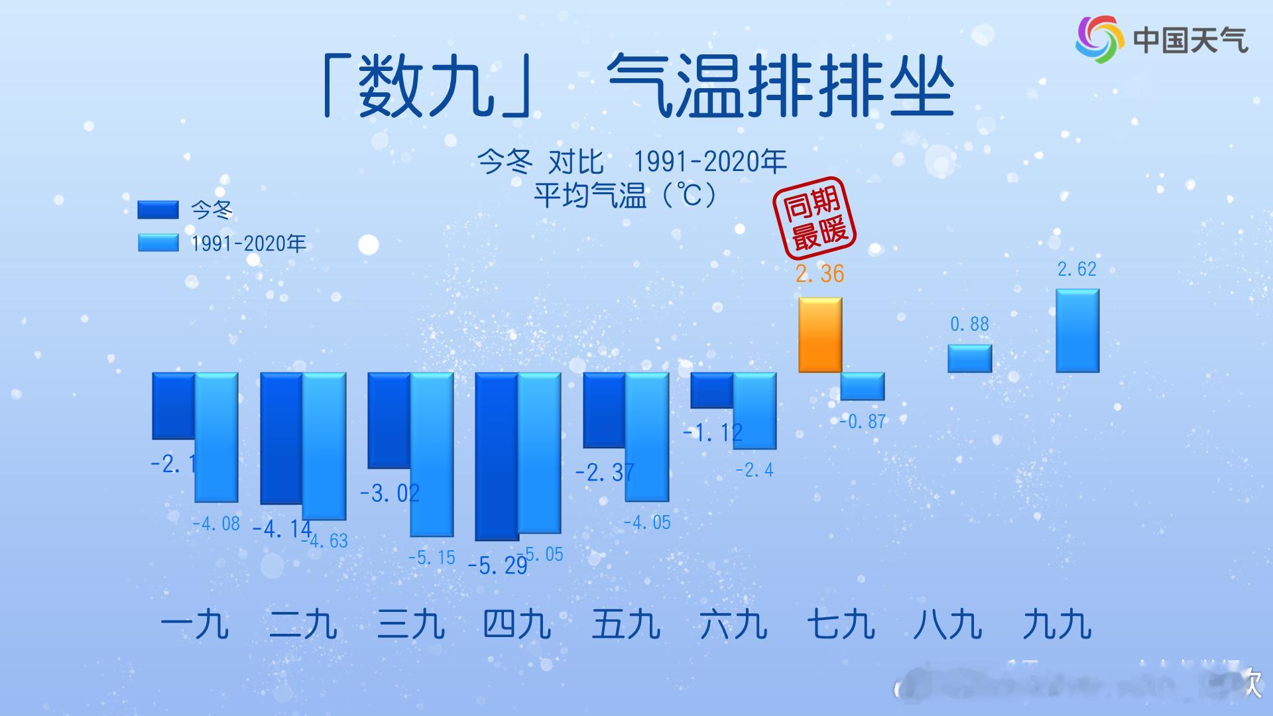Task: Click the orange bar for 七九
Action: click(820, 335)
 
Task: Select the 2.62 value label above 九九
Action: click(1077, 269)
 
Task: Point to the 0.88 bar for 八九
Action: click(969, 358)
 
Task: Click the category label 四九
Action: click(517, 625)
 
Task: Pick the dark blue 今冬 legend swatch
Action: click(158, 209)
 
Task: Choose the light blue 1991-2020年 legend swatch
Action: click(158, 243)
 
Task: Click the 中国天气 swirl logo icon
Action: click(1099, 40)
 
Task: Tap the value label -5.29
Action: click(497, 566)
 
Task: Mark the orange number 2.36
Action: click(820, 274)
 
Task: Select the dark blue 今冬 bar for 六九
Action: click(711, 390)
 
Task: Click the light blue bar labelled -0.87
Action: click(863, 386)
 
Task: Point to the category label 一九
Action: click(195, 625)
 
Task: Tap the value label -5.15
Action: click(432, 558)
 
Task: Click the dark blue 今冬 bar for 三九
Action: click(389, 420)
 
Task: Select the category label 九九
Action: click(1057, 625)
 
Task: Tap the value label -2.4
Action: click(755, 470)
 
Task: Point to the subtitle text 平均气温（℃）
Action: click(626, 196)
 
